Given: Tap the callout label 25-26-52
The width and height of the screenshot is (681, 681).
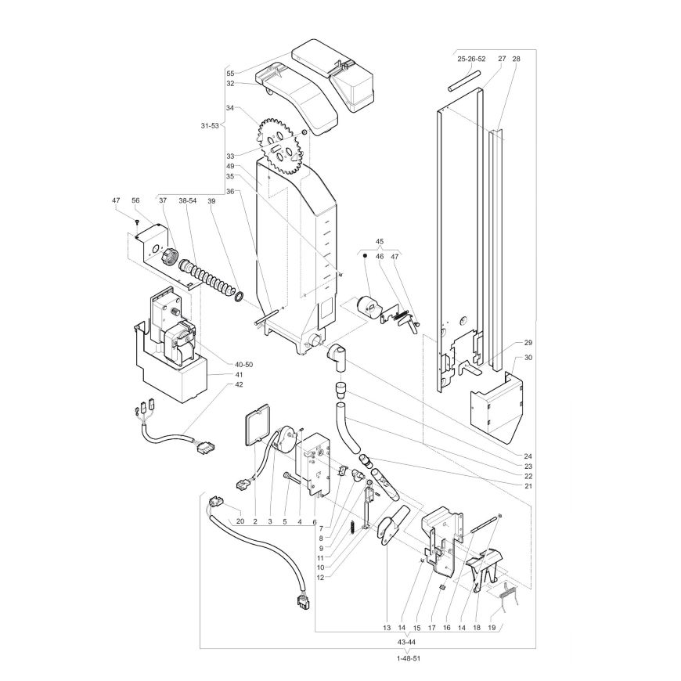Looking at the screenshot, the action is (x=471, y=59).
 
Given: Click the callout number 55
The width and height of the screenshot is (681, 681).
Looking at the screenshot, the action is (x=230, y=74).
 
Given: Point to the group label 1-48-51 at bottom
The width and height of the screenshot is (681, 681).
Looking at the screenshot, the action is (x=409, y=658).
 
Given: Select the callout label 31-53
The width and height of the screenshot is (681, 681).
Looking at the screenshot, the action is (x=210, y=126).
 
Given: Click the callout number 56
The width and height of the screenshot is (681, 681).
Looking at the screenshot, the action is (x=136, y=200).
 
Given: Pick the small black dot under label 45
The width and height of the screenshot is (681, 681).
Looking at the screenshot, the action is (x=365, y=256).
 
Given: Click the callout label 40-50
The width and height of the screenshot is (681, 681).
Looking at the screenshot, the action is (x=243, y=365).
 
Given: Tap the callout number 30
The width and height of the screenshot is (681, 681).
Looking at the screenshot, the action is (x=528, y=358).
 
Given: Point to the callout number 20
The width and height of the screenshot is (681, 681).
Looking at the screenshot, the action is (x=240, y=521).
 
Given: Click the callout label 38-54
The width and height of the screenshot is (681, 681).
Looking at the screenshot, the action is (x=188, y=200).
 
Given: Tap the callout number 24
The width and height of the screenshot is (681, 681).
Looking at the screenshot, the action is (x=528, y=456).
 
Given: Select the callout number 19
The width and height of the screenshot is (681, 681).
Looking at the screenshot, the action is (x=492, y=628).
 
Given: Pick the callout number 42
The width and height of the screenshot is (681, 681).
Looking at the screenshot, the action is (x=239, y=384).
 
